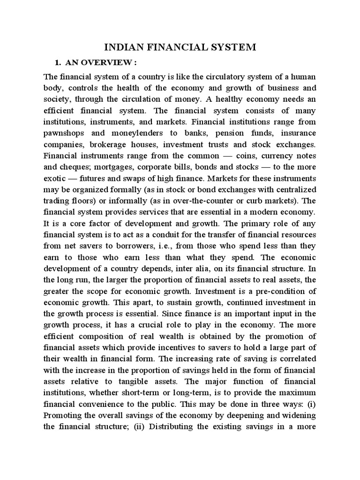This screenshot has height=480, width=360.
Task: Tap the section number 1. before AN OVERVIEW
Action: click(59, 63)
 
